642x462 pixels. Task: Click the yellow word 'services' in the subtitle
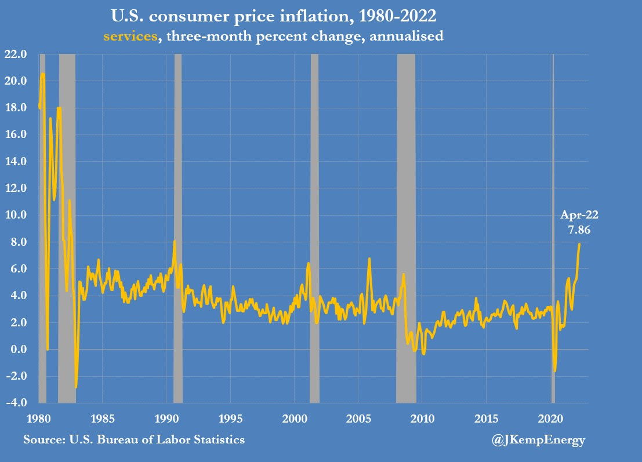[x=130, y=36]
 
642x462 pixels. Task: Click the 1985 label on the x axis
[x=103, y=419]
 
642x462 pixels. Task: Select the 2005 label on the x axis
[x=358, y=419]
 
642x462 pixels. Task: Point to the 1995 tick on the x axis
[x=231, y=419]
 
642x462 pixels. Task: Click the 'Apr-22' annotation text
[x=579, y=215]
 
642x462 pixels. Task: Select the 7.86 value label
[x=579, y=230]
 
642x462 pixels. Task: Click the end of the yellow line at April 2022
[x=579, y=244]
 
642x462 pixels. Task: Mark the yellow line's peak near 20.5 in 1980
[x=42, y=74]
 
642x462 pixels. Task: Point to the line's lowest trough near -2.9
[x=75, y=387]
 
